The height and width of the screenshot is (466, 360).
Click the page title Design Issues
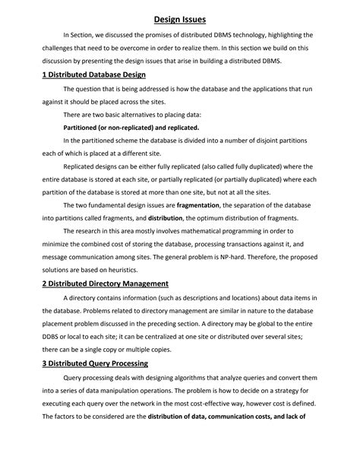point(180,16)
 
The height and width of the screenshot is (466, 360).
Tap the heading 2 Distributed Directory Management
point(103,284)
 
